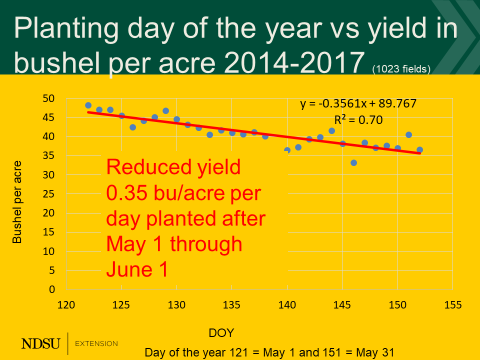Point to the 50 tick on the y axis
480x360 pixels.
point(47,99)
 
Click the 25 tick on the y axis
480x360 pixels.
point(47,194)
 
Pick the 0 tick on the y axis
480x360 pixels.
point(50,289)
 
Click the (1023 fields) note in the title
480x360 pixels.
point(403,69)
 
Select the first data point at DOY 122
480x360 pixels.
point(88,105)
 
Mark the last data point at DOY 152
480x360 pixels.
point(420,150)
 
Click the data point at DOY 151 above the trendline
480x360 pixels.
point(409,134)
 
